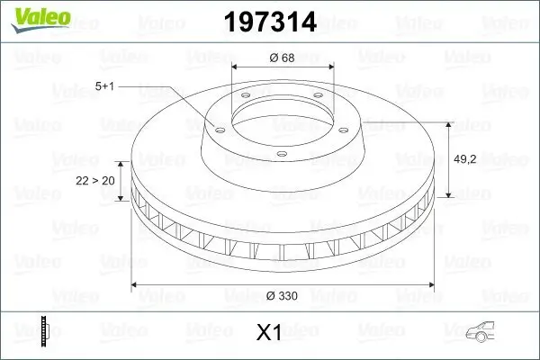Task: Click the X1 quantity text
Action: (x=270, y=333)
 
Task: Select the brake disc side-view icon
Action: (x=42, y=331)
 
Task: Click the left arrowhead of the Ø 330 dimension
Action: (x=136, y=285)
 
